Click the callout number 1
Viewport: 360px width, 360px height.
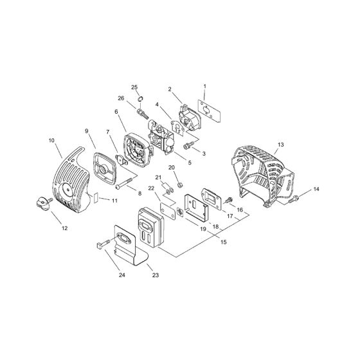click(x=204, y=86)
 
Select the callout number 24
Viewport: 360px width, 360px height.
click(x=122, y=274)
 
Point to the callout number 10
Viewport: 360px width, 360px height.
click(x=51, y=139)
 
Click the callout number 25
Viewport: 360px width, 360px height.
click(x=135, y=87)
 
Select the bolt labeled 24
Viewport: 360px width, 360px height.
click(x=105, y=245)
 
